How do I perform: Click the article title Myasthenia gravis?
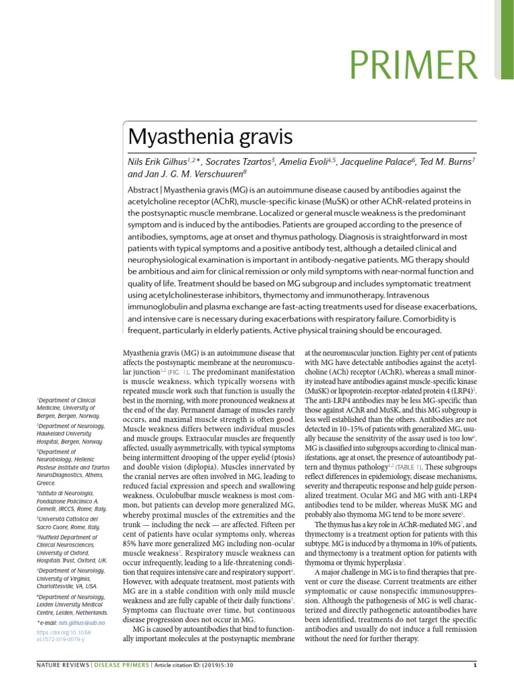pyautogui.click(x=210, y=139)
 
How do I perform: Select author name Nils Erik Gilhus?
pyautogui.click(x=157, y=161)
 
